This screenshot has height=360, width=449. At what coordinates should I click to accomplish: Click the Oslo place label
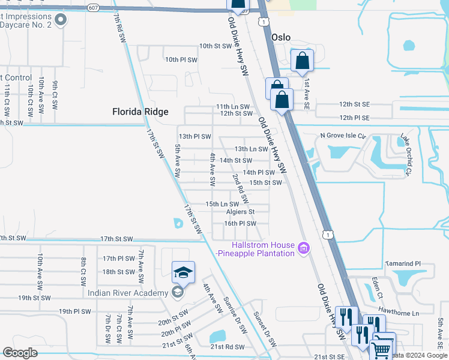pyautogui.click(x=280, y=37)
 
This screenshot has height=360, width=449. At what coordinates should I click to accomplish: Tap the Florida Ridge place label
pyautogui.click(x=140, y=112)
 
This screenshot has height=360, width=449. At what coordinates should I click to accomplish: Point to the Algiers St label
pyautogui.click(x=240, y=212)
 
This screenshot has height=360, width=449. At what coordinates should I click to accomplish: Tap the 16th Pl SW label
pyautogui.click(x=240, y=223)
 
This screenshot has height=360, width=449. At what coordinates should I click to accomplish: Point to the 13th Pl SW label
pyautogui.click(x=194, y=137)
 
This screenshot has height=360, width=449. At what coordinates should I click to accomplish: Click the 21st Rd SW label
pyautogui.click(x=228, y=347)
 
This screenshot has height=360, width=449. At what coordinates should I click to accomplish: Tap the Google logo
pyautogui.click(x=20, y=353)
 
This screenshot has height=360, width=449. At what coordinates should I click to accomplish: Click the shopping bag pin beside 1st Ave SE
pyautogui.click(x=301, y=61)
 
